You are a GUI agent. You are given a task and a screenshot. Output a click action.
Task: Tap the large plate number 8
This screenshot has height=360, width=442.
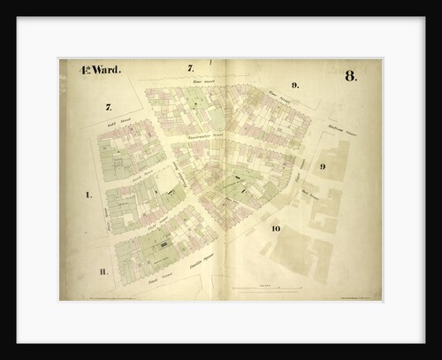tap(351, 76)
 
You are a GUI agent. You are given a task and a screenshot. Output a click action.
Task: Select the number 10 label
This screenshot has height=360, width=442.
tap(276, 229)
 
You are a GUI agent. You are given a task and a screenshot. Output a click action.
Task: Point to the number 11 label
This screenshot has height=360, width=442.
tap(103, 272)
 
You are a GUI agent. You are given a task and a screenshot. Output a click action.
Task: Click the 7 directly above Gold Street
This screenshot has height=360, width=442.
tap(109, 106)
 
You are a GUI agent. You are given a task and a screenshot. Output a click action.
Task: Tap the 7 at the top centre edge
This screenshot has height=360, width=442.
tap(190, 68)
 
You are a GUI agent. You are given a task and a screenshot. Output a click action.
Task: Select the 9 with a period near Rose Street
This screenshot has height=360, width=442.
tap(295, 86)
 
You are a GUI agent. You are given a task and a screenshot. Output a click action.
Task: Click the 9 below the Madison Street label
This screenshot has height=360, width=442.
tap(324, 166)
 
